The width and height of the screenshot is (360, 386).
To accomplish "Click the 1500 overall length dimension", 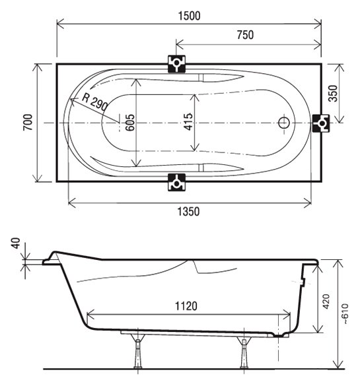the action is (189, 16).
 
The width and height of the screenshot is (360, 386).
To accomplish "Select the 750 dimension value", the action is (245, 35).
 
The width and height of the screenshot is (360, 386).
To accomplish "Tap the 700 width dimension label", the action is (28, 122).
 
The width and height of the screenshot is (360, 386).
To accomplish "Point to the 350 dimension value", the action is (334, 93).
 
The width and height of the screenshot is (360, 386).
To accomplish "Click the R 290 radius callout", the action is (95, 102).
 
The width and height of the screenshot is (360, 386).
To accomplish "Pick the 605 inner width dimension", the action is (130, 122).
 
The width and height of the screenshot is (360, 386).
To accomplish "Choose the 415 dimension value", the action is (188, 121).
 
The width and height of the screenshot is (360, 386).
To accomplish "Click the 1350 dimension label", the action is (188, 211).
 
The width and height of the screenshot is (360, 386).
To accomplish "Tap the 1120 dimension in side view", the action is (186, 306).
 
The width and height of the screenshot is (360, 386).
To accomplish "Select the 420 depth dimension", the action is (326, 302).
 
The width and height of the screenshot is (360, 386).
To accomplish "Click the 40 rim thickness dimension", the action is (16, 243).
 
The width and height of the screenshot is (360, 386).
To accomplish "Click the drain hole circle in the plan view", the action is (284, 122).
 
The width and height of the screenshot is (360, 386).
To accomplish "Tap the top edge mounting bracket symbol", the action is (176, 64).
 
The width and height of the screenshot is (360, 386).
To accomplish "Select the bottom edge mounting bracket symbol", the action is (176, 182).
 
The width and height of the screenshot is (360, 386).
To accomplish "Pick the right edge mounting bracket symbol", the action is (321, 123).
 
